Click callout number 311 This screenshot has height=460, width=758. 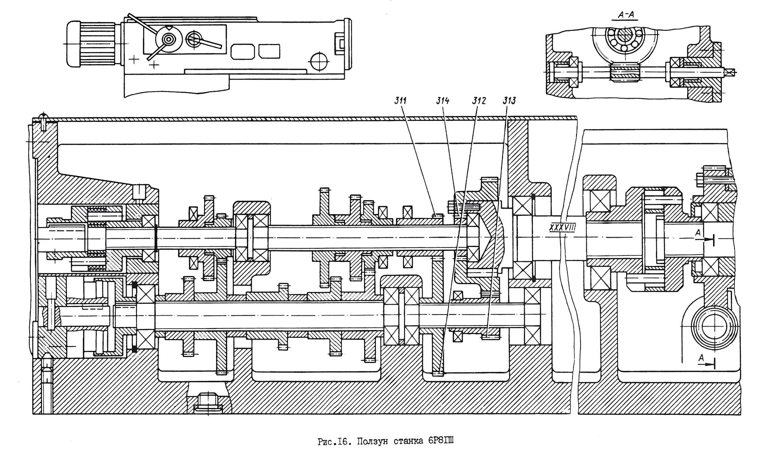[400, 101]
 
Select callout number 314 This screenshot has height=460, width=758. [443, 101]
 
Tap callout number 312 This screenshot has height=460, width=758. [479, 101]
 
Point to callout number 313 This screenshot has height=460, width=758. [509, 101]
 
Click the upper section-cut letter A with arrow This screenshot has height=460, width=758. [698, 233]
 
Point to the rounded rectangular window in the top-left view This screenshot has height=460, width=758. [243, 51]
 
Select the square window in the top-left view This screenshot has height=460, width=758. [269, 51]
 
